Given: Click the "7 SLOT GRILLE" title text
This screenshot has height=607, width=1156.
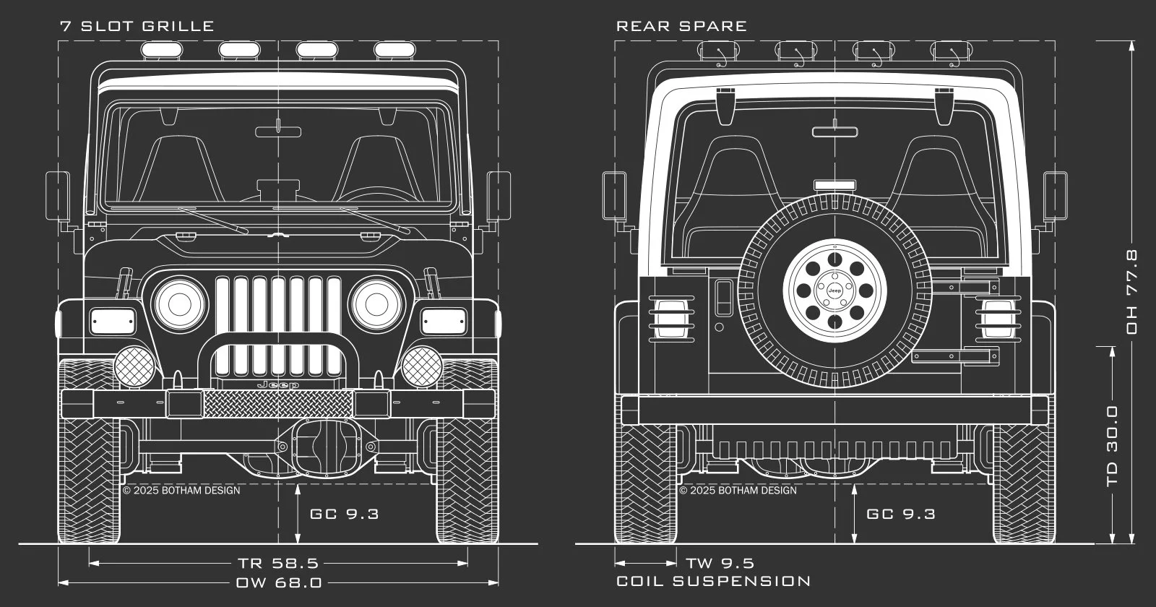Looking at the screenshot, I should [x=137, y=26].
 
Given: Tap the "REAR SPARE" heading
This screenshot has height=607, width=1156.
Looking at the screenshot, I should [x=681, y=26].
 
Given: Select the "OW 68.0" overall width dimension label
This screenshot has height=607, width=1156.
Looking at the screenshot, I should [x=279, y=582].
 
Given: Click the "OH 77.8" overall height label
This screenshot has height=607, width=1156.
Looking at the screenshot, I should [x=1131, y=291].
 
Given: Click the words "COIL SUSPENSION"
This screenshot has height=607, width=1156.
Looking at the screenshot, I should [x=713, y=581].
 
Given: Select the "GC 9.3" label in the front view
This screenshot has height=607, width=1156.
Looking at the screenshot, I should [x=344, y=514].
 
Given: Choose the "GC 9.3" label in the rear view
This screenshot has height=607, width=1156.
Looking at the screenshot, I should [x=900, y=514].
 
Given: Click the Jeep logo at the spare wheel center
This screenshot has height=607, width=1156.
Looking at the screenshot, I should [x=834, y=290].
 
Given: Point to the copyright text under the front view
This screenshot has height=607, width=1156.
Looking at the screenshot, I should [x=181, y=490].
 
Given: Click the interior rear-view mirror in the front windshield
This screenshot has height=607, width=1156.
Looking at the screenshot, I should [x=278, y=131].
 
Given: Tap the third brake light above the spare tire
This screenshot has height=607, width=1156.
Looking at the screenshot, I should [x=834, y=185].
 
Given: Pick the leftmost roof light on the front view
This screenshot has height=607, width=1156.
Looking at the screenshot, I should [x=162, y=49].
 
